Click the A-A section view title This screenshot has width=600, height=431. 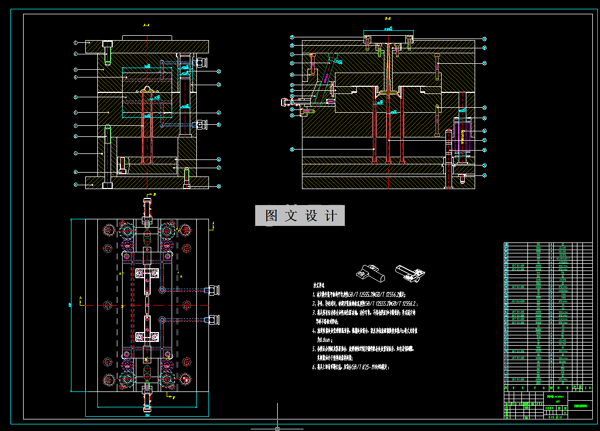[146, 25]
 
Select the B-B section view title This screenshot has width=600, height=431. [388, 19]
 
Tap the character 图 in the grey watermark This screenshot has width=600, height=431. [271, 215]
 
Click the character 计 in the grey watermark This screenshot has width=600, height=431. [331, 215]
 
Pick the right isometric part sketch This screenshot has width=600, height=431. [410, 272]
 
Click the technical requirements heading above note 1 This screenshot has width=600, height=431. [319, 286]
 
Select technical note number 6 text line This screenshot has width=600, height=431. [352, 367]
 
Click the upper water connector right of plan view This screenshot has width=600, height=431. [212, 290]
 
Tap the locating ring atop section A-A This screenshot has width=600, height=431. [146, 38]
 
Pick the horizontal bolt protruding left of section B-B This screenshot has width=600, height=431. [287, 101]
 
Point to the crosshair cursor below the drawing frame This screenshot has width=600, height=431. [277, 428]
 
